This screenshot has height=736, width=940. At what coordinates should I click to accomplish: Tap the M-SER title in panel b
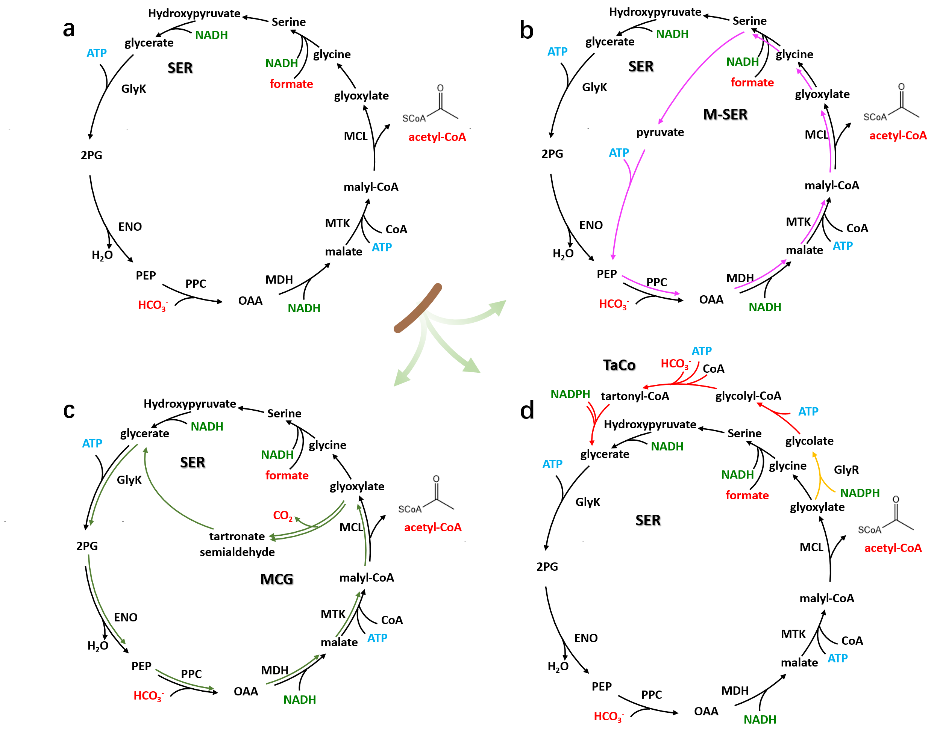pos(725,114)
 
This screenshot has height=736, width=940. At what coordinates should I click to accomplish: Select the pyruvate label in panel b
pos(660,132)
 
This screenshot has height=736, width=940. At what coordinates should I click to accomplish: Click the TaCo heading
pos(619,365)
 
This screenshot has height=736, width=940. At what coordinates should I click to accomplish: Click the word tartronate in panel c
pos(237,536)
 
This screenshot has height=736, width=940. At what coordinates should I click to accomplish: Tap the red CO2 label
pos(283,515)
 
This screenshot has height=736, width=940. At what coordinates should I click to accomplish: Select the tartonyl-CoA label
pos(635,396)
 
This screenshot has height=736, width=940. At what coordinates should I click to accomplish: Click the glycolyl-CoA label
pos(748,396)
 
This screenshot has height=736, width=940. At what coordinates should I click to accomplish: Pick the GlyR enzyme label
pos(846,470)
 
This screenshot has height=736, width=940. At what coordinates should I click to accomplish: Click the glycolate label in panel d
pos(810,441)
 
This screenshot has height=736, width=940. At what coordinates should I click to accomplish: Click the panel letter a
pos(69,29)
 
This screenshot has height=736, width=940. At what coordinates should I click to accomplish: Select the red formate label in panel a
pos(291,84)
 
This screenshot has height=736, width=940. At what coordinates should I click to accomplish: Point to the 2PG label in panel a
pos(91,155)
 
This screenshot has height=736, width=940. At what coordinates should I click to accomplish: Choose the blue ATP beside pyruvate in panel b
pos(619,153)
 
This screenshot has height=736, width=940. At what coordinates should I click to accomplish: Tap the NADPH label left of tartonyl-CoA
pos(570,394)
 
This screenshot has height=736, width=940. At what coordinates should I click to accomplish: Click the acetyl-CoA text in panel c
pos(433,527)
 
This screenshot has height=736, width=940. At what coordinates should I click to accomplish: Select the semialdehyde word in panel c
pos(237,552)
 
